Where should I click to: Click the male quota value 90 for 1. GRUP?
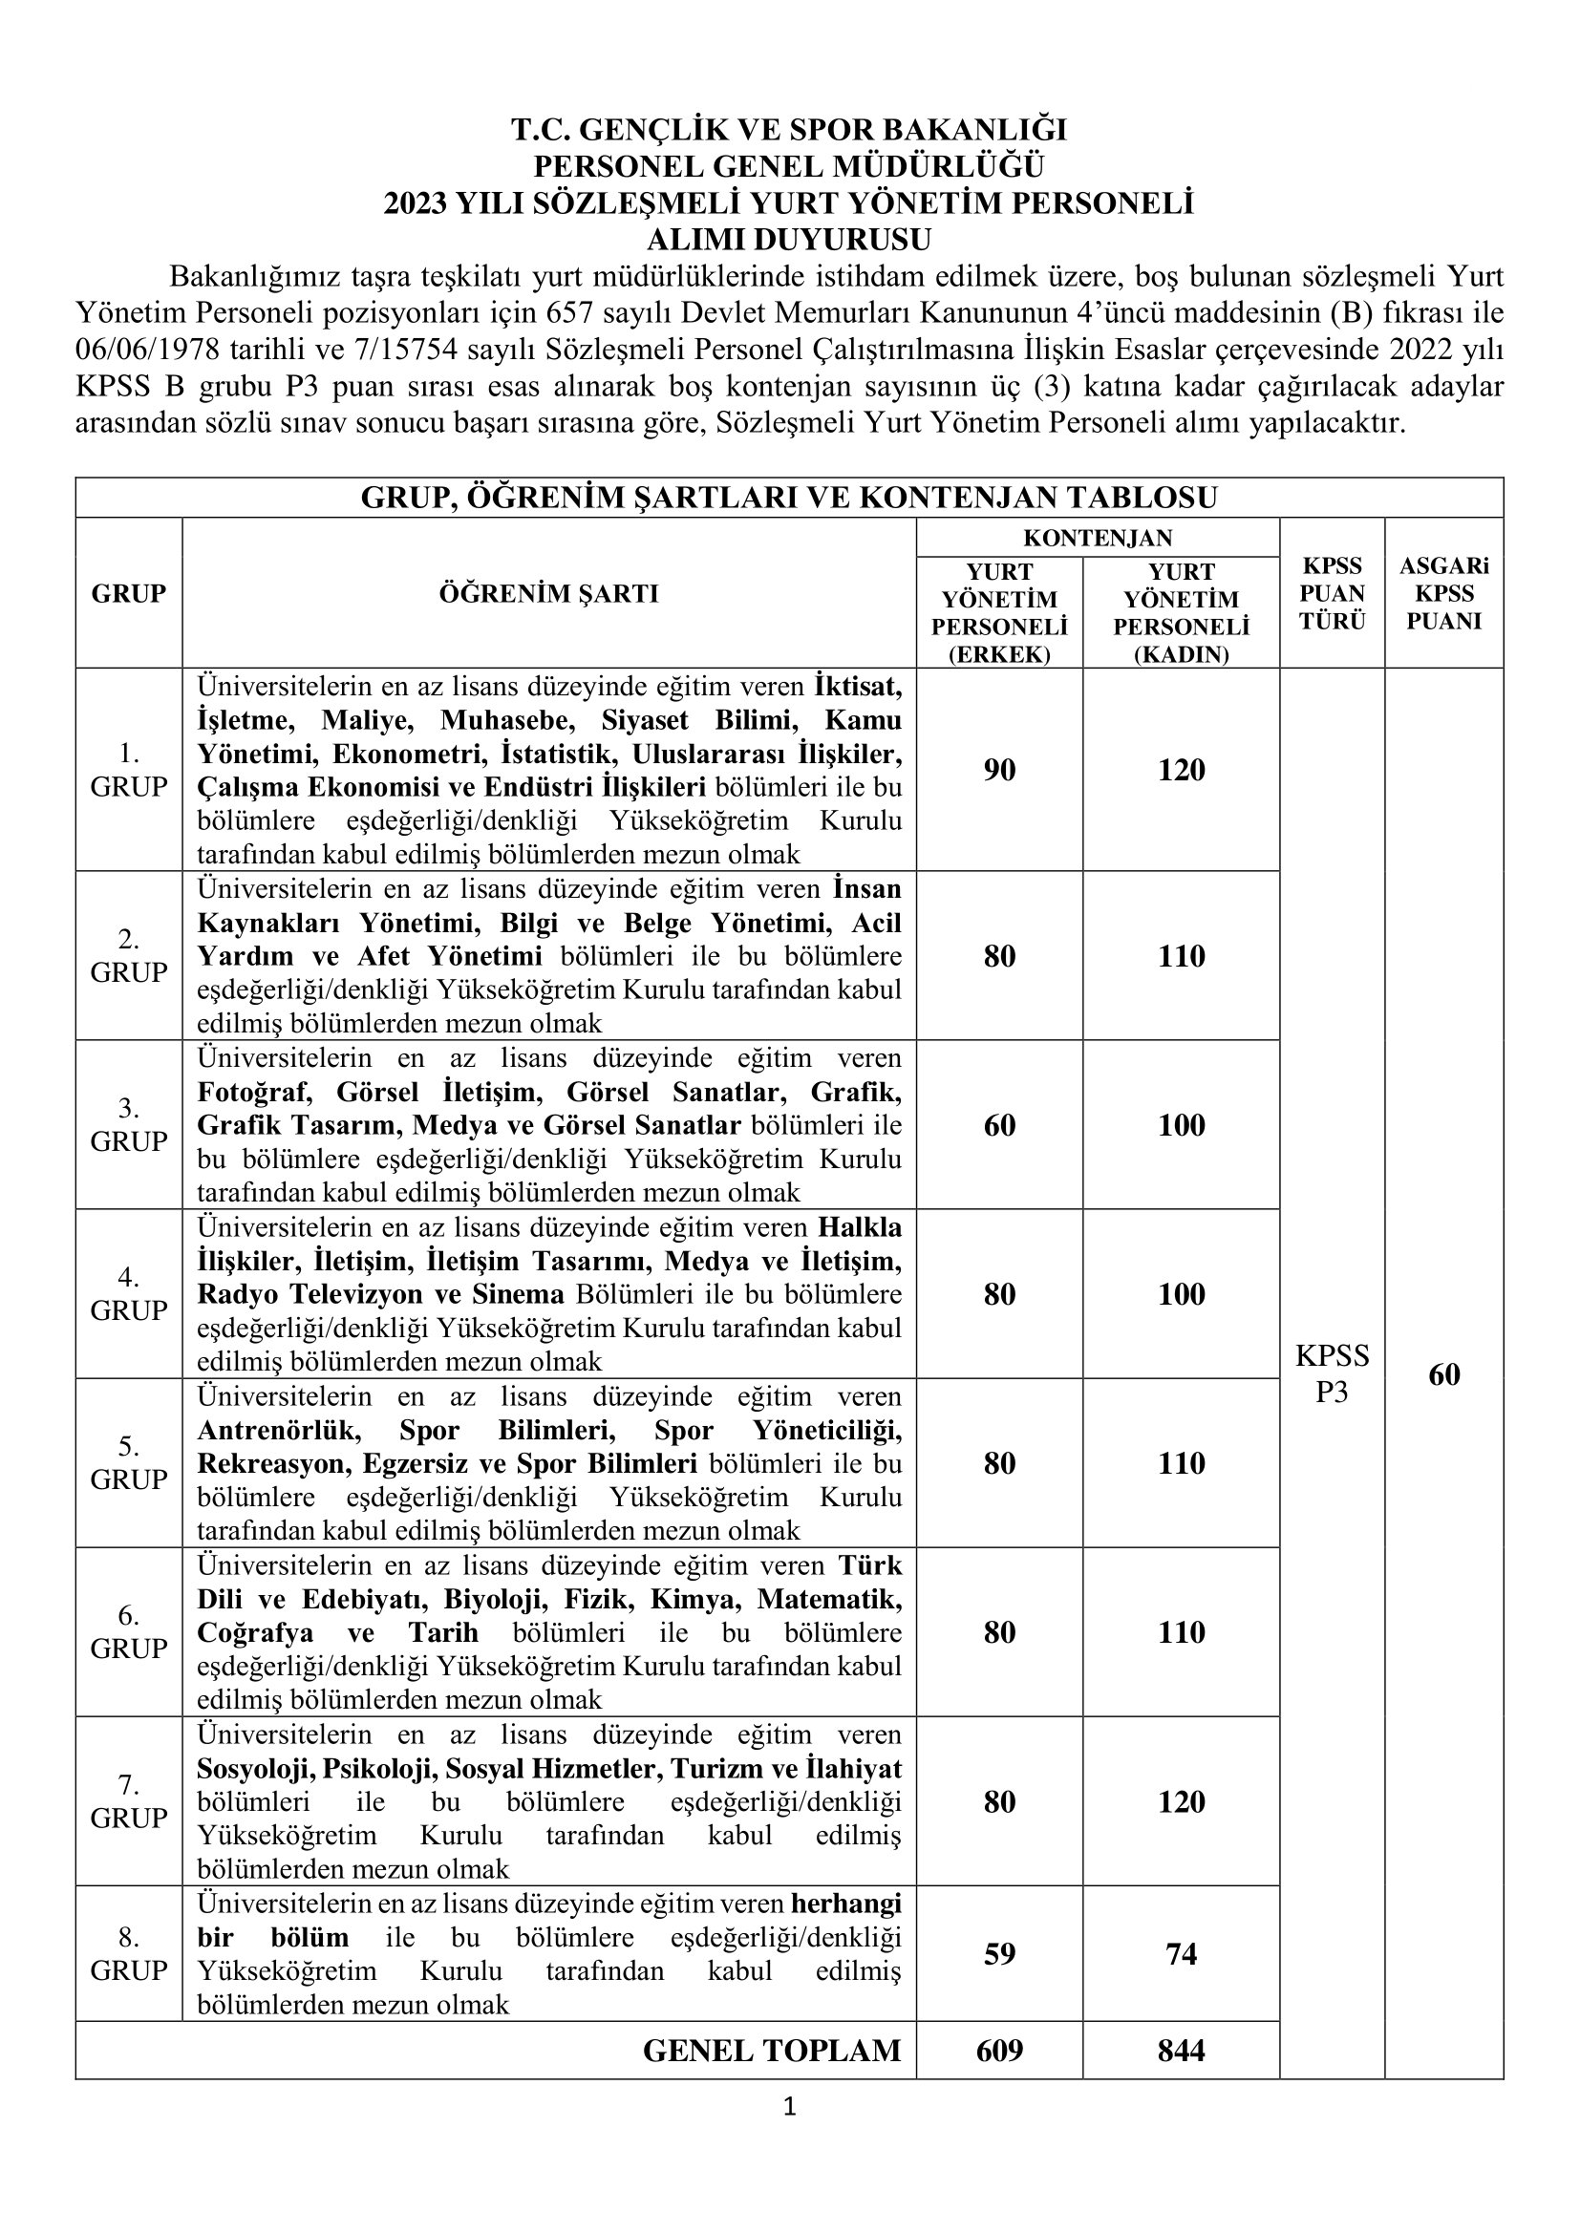click(x=999, y=770)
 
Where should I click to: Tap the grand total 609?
click(x=999, y=2050)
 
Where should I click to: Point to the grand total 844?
click(x=1181, y=2050)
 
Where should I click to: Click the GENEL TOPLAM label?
click(x=772, y=2050)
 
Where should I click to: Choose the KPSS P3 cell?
click(x=1332, y=1372)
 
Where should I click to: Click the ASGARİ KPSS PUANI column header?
click(x=1443, y=592)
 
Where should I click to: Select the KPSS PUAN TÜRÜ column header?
click(x=1332, y=592)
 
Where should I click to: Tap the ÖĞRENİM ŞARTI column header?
click(x=548, y=592)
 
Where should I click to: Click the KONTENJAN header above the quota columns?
click(x=1098, y=537)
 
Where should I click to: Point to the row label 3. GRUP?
click(x=128, y=1124)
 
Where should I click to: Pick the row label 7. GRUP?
click(x=128, y=1801)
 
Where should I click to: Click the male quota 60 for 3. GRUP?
click(x=999, y=1125)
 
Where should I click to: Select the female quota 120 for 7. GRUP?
click(x=1181, y=1801)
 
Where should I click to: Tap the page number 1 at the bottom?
click(x=789, y=2108)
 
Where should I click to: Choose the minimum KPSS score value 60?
click(x=1443, y=1373)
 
